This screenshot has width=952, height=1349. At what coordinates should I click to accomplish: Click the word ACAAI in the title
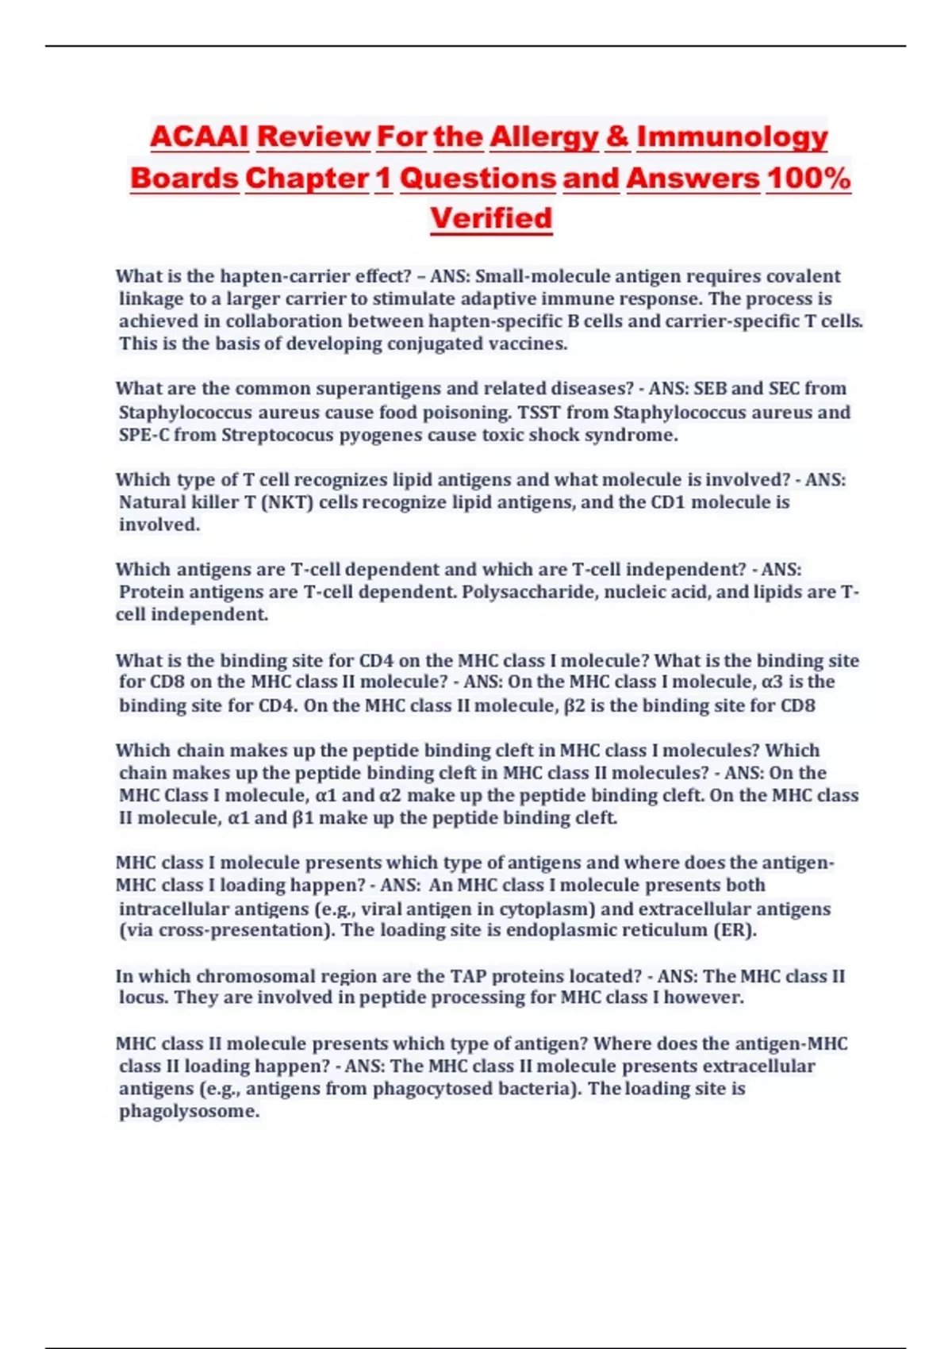pyautogui.click(x=199, y=136)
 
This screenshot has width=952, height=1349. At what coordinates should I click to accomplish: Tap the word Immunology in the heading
pyautogui.click(x=731, y=136)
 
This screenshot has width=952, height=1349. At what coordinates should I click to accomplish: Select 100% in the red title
pyautogui.click(x=808, y=178)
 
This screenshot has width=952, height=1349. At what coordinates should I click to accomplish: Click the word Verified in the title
pyautogui.click(x=491, y=218)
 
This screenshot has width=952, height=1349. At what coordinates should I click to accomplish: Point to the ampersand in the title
pyautogui.click(x=617, y=136)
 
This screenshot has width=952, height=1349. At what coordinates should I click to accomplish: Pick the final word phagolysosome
pyautogui.click(x=189, y=1111)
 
